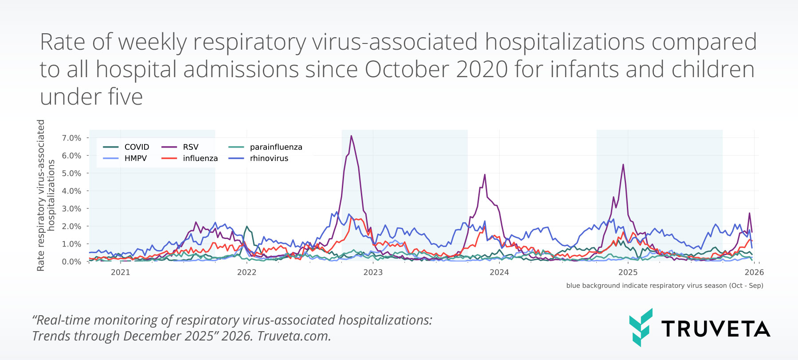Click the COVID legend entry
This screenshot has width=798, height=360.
click(126, 147)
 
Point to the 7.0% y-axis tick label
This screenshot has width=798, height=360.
click(71, 138)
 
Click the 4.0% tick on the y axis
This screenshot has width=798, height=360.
click(71, 191)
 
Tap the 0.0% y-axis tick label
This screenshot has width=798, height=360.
click(71, 262)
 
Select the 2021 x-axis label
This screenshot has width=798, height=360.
click(120, 272)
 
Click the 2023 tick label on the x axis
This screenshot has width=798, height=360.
click(373, 272)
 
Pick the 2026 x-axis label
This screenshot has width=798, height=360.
click(754, 272)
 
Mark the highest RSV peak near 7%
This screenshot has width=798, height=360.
click(351, 136)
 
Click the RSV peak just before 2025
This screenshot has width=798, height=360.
click(623, 165)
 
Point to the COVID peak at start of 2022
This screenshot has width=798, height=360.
click(247, 227)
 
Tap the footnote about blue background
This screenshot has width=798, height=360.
click(664, 286)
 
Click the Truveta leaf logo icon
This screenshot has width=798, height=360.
click(641, 327)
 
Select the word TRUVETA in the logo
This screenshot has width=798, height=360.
click(716, 329)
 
